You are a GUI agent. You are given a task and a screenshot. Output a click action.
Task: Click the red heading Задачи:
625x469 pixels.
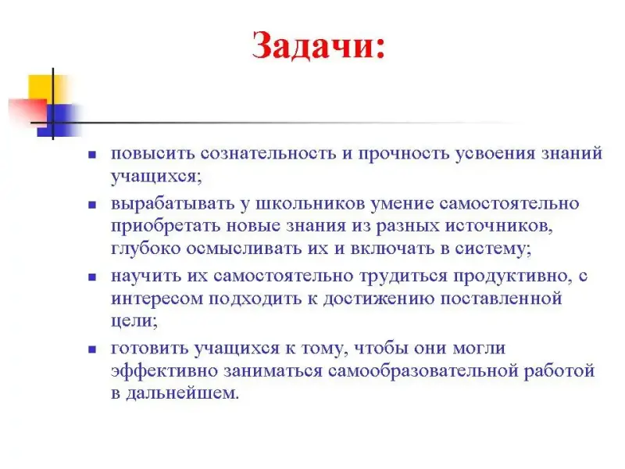319,46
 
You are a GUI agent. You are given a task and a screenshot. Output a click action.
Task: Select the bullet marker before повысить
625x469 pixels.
92,155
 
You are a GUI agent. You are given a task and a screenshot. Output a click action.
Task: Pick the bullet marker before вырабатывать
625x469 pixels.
92,205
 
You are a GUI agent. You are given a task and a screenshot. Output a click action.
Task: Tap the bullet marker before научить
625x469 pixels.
92,277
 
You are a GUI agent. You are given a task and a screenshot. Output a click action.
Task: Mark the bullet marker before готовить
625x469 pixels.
92,349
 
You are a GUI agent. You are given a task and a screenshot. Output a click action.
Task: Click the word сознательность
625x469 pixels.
268,153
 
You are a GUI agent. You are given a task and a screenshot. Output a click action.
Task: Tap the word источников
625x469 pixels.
498,227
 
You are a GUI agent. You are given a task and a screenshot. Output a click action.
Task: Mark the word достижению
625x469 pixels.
378,299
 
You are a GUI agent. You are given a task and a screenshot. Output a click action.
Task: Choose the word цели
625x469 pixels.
134,321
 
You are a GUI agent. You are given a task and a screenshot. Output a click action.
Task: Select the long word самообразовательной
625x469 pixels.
423,371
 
